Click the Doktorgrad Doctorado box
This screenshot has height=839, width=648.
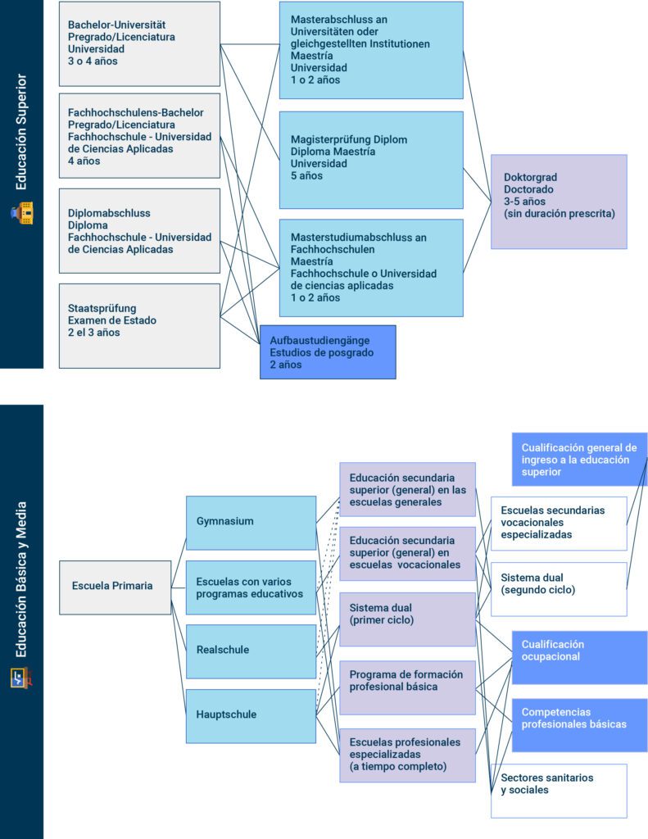(x=559, y=202)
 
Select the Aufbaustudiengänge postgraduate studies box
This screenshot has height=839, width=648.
(x=328, y=352)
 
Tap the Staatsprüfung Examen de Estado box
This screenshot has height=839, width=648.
(x=139, y=326)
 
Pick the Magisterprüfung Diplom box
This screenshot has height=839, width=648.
(x=371, y=160)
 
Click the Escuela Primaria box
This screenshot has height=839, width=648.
(x=115, y=587)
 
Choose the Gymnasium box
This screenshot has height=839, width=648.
(x=251, y=523)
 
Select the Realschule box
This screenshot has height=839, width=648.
(x=251, y=651)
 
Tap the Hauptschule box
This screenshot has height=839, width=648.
(x=251, y=716)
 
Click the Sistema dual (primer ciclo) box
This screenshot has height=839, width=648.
(x=408, y=619)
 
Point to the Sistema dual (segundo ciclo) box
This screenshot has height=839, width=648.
(x=559, y=589)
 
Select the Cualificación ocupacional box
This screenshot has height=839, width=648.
(x=579, y=658)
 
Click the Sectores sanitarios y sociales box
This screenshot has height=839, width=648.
(x=559, y=791)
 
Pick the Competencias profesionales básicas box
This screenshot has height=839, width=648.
(x=579, y=725)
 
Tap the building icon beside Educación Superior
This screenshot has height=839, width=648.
(x=22, y=213)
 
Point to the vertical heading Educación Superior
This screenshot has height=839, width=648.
(x=20, y=132)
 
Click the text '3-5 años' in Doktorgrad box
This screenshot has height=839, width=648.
(x=524, y=202)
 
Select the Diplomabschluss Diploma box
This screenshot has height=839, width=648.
(x=139, y=230)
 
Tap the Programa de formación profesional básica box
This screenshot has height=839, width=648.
(x=408, y=687)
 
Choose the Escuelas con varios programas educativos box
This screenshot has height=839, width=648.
(x=251, y=587)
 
